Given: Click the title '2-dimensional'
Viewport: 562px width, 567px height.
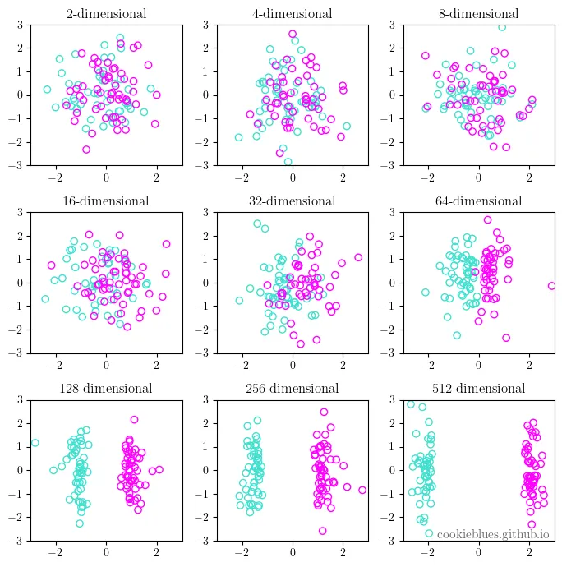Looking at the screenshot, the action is [106, 14].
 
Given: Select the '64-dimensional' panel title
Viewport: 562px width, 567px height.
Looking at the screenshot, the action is [478, 201].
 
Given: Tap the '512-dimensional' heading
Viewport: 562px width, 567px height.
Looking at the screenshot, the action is [478, 389].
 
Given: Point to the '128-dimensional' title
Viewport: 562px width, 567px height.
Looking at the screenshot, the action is [106, 389].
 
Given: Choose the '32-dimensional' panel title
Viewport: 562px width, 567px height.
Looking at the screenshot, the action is [293, 201].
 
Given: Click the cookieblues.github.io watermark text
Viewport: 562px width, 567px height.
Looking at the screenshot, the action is [493, 534].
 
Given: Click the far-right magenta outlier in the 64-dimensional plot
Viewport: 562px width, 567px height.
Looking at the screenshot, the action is [551, 286].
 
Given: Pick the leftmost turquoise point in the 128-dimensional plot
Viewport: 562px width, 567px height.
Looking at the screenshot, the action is [35, 443].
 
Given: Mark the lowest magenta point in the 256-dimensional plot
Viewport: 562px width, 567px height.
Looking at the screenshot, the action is [323, 531].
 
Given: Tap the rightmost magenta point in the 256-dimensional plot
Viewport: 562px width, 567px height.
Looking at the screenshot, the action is [362, 490].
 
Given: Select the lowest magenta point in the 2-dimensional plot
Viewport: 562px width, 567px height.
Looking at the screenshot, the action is [86, 150].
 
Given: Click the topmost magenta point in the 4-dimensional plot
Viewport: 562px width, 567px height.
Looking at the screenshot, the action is [293, 34].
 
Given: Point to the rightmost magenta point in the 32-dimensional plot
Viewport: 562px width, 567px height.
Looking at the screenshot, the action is [358, 257].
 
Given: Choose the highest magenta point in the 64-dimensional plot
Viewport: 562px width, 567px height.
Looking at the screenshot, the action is [487, 220].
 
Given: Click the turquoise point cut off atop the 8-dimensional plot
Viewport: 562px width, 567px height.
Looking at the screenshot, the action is [501, 27].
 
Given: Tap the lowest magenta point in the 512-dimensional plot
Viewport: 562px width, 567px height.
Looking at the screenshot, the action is [532, 524].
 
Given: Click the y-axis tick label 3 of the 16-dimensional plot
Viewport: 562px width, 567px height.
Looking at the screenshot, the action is [20, 212].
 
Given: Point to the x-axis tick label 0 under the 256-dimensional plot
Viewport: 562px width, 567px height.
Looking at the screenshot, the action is [293, 552].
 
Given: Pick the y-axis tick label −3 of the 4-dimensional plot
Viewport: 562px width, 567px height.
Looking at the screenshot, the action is [201, 166].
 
